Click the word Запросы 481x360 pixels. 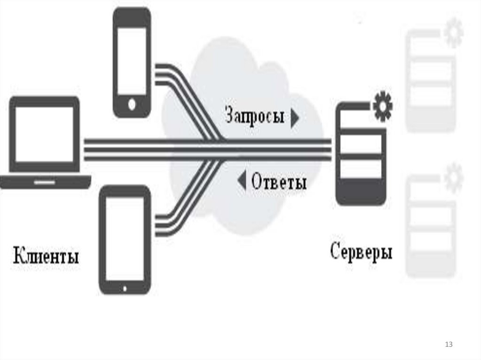pyautogui.click(x=255, y=116)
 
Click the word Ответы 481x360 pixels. pyautogui.click(x=279, y=181)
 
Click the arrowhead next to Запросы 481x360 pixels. pyautogui.click(x=295, y=119)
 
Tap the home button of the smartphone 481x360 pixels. pyautogui.click(x=132, y=104)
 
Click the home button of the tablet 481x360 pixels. pyautogui.click(x=124, y=287)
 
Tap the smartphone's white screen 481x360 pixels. pyautogui.click(x=132, y=61)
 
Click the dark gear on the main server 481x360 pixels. pyautogui.click(x=382, y=107)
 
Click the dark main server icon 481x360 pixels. pyautogui.click(x=361, y=155)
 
